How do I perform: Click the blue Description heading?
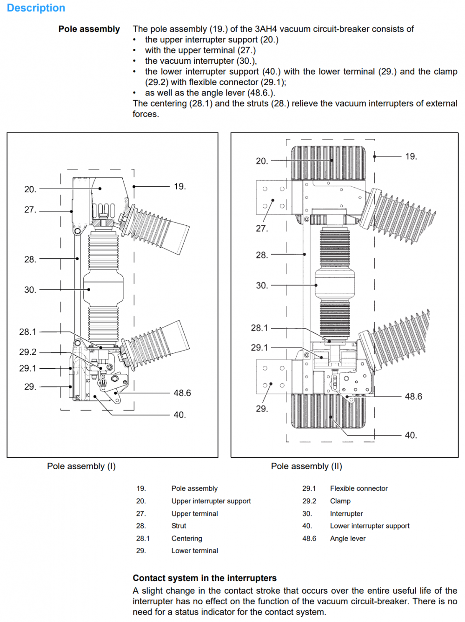[x=36, y=8]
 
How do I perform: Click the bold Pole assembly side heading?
[x=89, y=29]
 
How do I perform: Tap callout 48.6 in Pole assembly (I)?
[x=182, y=393]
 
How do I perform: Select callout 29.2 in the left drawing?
[x=27, y=352]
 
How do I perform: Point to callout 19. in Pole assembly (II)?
[x=411, y=156]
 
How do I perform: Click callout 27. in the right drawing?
[x=262, y=228]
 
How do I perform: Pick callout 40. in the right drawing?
[x=411, y=435]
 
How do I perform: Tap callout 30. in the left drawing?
[x=30, y=290]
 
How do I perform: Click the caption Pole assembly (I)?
[x=81, y=466]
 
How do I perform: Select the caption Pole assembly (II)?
[x=306, y=466]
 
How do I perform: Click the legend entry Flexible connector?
[x=359, y=488]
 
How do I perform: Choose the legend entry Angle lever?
[x=348, y=538]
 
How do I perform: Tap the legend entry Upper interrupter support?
[x=211, y=501]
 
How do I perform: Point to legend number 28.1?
[x=143, y=538]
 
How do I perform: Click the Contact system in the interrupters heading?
[x=205, y=578]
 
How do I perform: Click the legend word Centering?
[x=186, y=538]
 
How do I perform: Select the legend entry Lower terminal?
[x=194, y=551]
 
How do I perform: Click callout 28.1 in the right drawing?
[x=259, y=328]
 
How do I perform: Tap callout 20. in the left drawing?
[x=30, y=189]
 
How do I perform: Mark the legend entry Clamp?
[x=340, y=501]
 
